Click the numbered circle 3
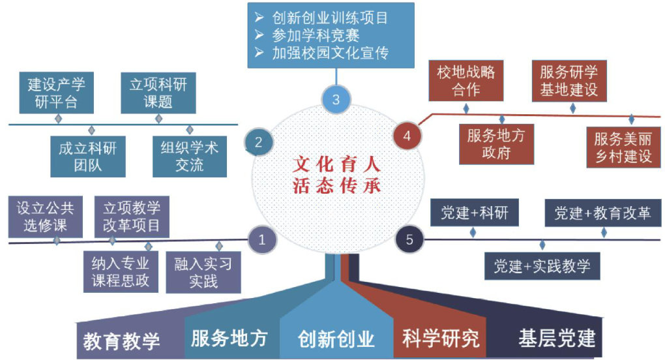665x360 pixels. click(x=336, y=100)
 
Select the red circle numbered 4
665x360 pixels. click(x=407, y=136)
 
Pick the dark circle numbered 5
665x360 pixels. click(x=409, y=239)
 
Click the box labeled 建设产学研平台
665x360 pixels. click(x=57, y=94)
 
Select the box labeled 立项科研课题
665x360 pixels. click(x=158, y=94)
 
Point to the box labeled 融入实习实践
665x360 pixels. click(x=203, y=273)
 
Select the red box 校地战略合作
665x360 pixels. click(x=466, y=80)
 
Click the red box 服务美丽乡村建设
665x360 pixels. click(x=624, y=147)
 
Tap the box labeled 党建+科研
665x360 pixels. click(x=470, y=213)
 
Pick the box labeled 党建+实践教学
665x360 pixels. click(x=542, y=266)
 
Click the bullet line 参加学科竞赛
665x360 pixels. click(x=316, y=35)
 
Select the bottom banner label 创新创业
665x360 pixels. click(x=336, y=339)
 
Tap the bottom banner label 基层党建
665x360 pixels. click(x=557, y=338)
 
